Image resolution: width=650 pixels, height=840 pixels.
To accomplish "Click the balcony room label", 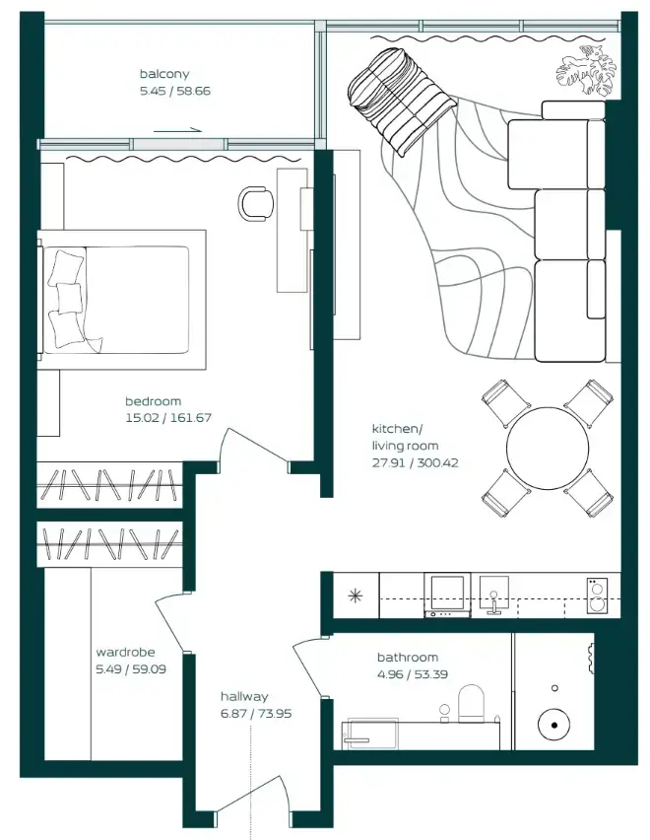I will pos(164,74).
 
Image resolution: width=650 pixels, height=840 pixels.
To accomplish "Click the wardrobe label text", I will pos(125,652).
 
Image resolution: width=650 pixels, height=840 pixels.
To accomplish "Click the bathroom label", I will pos(407,657).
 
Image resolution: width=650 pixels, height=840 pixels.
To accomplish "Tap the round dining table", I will pos(548,449).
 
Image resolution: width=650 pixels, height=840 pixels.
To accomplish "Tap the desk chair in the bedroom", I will pos(257,203).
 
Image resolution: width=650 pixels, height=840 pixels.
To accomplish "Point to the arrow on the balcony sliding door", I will pos(177,128).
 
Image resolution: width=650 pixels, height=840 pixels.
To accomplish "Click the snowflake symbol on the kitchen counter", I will pos(353,595).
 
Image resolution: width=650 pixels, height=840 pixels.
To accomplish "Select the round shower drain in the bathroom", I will pos(554,727).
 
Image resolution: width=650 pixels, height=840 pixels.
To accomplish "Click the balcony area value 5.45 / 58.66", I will pos(175,91).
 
